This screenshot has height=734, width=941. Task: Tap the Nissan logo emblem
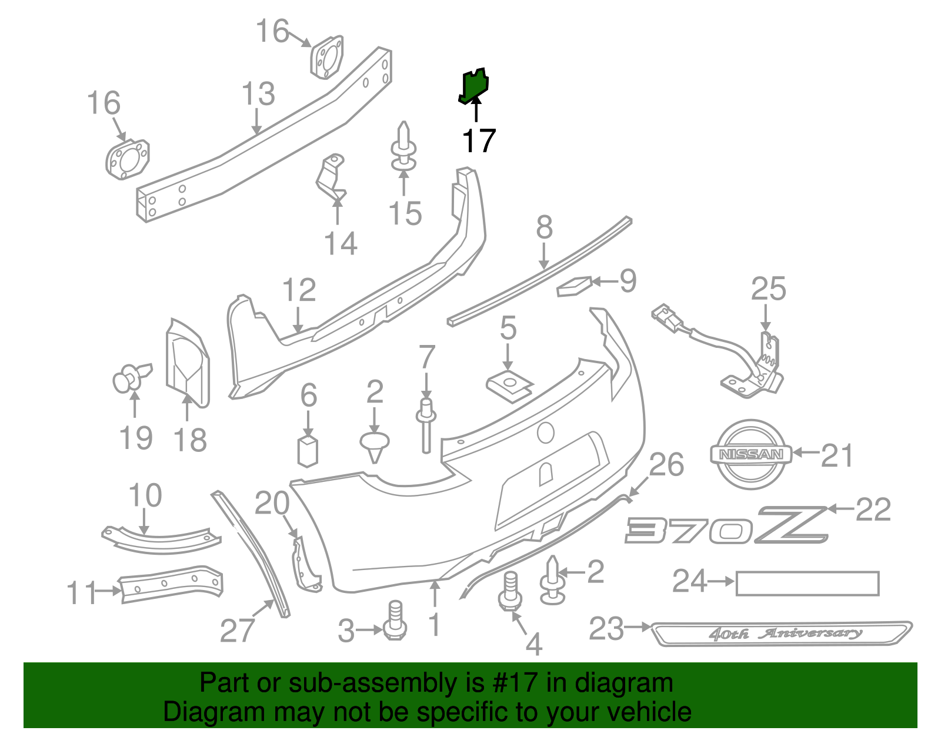point(751,454)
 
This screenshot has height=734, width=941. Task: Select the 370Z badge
point(727,525)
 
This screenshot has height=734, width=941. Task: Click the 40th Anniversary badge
point(782,633)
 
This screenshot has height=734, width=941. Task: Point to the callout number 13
point(258,94)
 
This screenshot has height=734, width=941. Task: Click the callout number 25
point(768,289)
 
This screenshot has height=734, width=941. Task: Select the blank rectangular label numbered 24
point(807,584)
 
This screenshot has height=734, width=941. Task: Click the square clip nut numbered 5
point(509,386)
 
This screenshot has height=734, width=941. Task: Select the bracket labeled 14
point(331,176)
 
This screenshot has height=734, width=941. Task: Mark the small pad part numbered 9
point(573,286)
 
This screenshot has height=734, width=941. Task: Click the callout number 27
point(237,631)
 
